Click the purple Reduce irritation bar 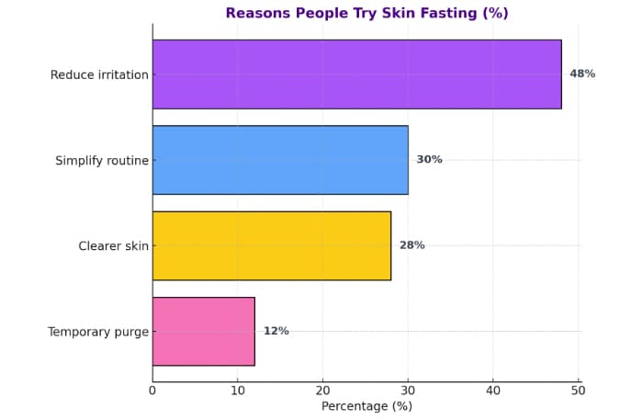[356, 74]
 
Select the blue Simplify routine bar [280, 160]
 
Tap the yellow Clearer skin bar [272, 245]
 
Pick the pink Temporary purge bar [204, 331]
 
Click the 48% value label [582, 74]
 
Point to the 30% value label [429, 160]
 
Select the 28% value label [412, 245]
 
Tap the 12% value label [276, 331]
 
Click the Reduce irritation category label [99, 74]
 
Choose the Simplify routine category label [102, 160]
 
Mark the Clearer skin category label [114, 245]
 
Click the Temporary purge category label [98, 331]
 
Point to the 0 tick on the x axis [152, 390]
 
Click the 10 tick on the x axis [238, 390]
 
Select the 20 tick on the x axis [323, 390]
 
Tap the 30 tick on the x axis [408, 390]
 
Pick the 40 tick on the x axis [493, 390]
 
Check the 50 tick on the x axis [579, 390]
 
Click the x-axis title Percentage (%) [367, 406]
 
